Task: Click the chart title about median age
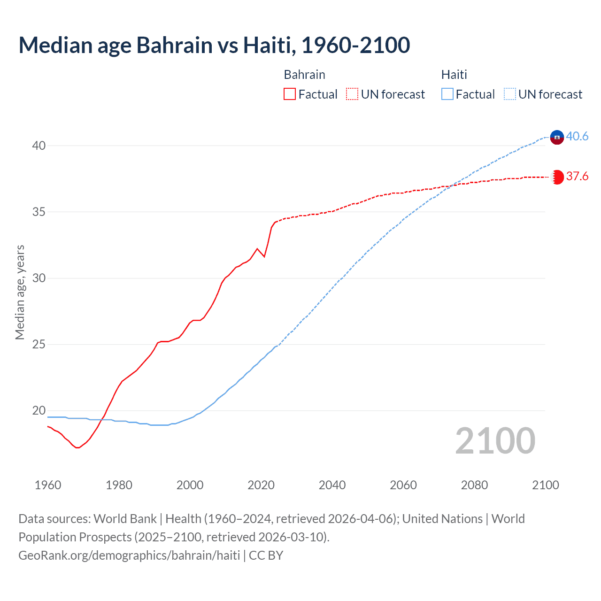tap(214, 45)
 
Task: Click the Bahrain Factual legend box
tap(290, 94)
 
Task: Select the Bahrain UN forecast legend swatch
tap(352, 94)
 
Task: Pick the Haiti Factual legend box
tap(447, 94)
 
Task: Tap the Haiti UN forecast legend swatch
tap(509, 94)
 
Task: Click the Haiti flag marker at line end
tap(557, 137)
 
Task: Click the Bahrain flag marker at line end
tap(557, 177)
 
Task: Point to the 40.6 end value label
tap(577, 137)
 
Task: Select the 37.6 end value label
tap(577, 177)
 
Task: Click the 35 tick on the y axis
tap(39, 212)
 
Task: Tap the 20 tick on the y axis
tap(39, 411)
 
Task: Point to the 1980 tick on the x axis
tap(119, 485)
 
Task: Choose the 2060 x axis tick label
tap(403, 485)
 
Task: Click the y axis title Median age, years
tap(20, 292)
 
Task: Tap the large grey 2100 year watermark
tap(495, 441)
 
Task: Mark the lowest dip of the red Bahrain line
tap(77, 447)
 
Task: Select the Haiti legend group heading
tap(454, 75)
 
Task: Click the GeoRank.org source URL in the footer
tap(129, 555)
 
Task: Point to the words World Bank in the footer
tap(125, 519)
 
